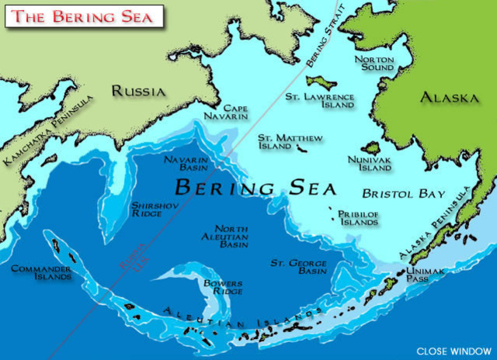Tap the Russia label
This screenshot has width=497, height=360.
[x=139, y=91]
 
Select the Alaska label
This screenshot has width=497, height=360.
[x=449, y=99]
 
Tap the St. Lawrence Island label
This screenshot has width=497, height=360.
[x=319, y=101]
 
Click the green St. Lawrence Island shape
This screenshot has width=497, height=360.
[x=320, y=81]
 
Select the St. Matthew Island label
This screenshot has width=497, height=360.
[x=290, y=141]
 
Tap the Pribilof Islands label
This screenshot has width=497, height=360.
[x=359, y=216]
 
